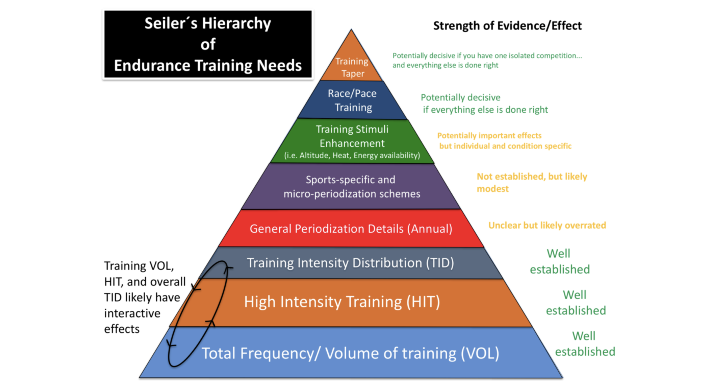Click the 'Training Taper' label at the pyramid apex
tap(352, 67)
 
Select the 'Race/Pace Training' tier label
tap(352, 100)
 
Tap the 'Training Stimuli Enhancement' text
tap(352, 136)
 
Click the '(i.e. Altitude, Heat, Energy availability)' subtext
tap(352, 155)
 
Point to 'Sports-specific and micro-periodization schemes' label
tap(351, 187)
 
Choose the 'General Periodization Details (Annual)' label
tap(351, 229)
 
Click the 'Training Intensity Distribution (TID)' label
tap(350, 263)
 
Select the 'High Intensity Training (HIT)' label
tap(342, 302)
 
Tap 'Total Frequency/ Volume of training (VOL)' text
tap(350, 353)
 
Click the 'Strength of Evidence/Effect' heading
tap(507, 26)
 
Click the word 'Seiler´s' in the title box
tap(171, 23)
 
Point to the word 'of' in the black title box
tap(208, 44)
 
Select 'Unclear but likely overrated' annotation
tap(547, 225)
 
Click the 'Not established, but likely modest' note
tap(532, 182)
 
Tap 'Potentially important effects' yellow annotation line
tap(489, 135)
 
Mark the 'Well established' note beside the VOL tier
tap(585, 344)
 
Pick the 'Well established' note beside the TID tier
tap(560, 261)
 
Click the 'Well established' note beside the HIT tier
tap(576, 303)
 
